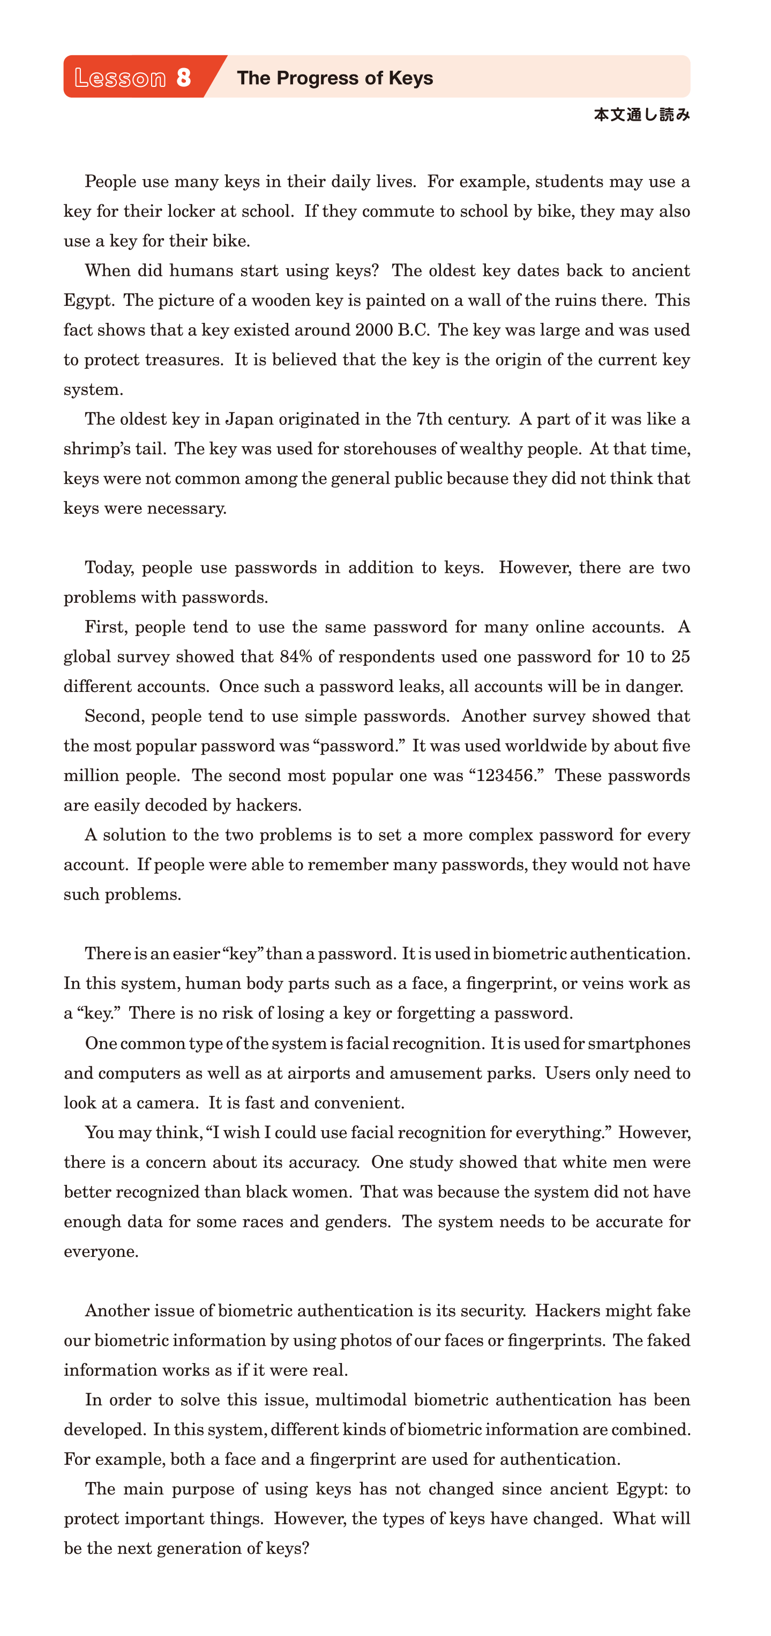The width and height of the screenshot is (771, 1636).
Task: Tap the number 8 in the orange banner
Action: [x=183, y=77]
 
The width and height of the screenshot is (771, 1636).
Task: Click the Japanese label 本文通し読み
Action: [x=641, y=115]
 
